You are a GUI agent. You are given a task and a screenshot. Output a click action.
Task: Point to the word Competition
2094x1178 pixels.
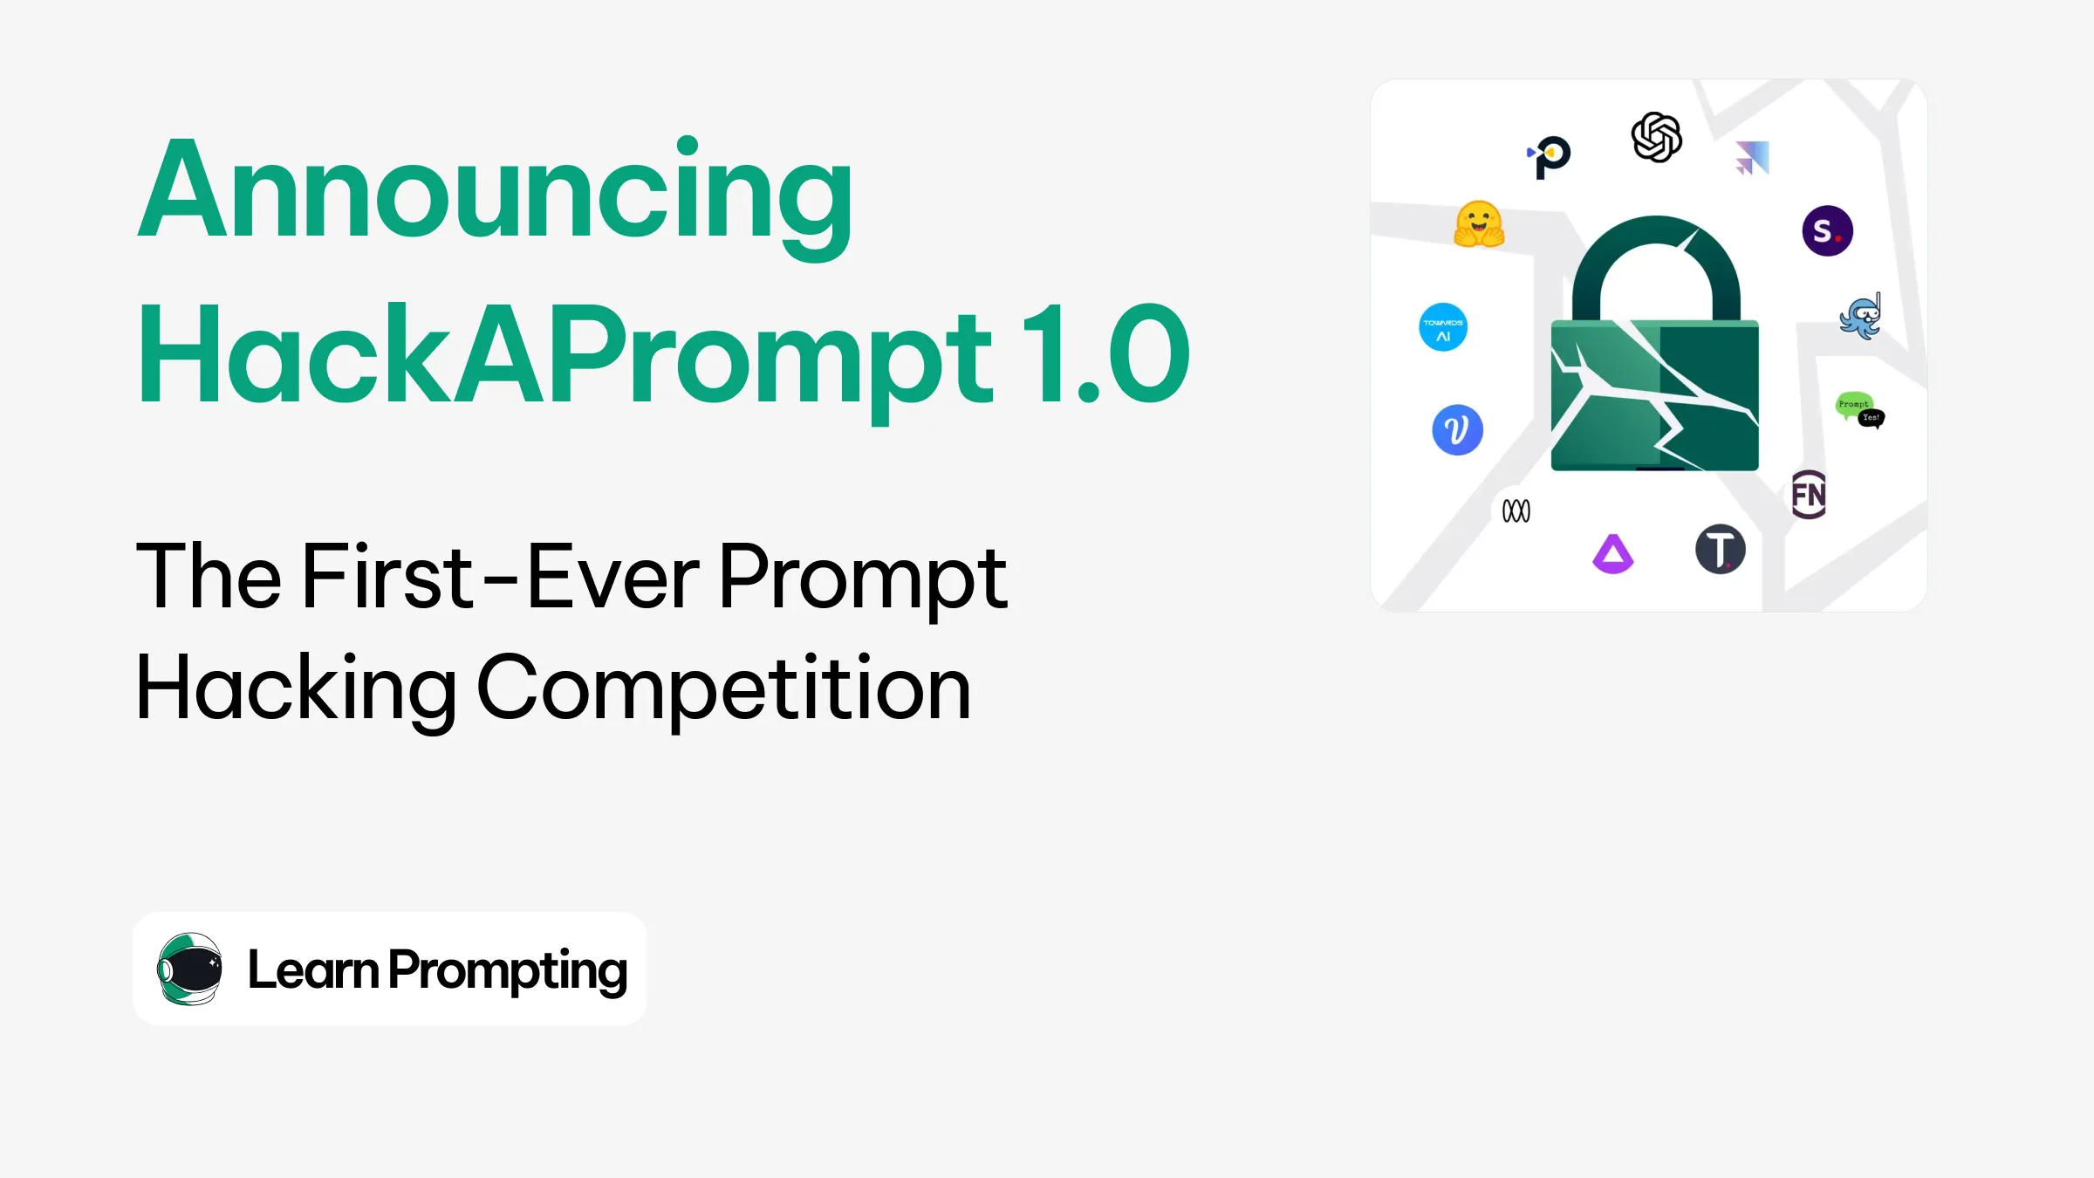[x=723, y=688]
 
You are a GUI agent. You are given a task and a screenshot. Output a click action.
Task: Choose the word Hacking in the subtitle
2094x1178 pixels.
[x=296, y=688]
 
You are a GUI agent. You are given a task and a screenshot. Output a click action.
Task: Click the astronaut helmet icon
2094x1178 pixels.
[x=189, y=969]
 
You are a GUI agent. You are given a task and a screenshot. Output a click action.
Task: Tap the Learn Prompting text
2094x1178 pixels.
[x=437, y=969]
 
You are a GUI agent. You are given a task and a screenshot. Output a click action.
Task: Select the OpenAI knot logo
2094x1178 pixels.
[x=1656, y=137]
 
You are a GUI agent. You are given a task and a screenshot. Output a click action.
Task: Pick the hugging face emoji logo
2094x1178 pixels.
[x=1479, y=224]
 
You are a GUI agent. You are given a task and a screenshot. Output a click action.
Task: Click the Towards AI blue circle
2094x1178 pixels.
[x=1443, y=327]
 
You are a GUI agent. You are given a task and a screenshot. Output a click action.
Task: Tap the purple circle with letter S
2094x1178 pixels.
[x=1827, y=230]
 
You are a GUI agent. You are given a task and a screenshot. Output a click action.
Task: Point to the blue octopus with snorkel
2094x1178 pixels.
[x=1861, y=317]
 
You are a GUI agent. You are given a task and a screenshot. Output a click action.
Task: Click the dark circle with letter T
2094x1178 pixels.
[x=1720, y=550]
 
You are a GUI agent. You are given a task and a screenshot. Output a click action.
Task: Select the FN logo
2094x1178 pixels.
[x=1809, y=495]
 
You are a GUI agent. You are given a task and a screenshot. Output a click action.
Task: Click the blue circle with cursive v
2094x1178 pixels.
[x=1457, y=429]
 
